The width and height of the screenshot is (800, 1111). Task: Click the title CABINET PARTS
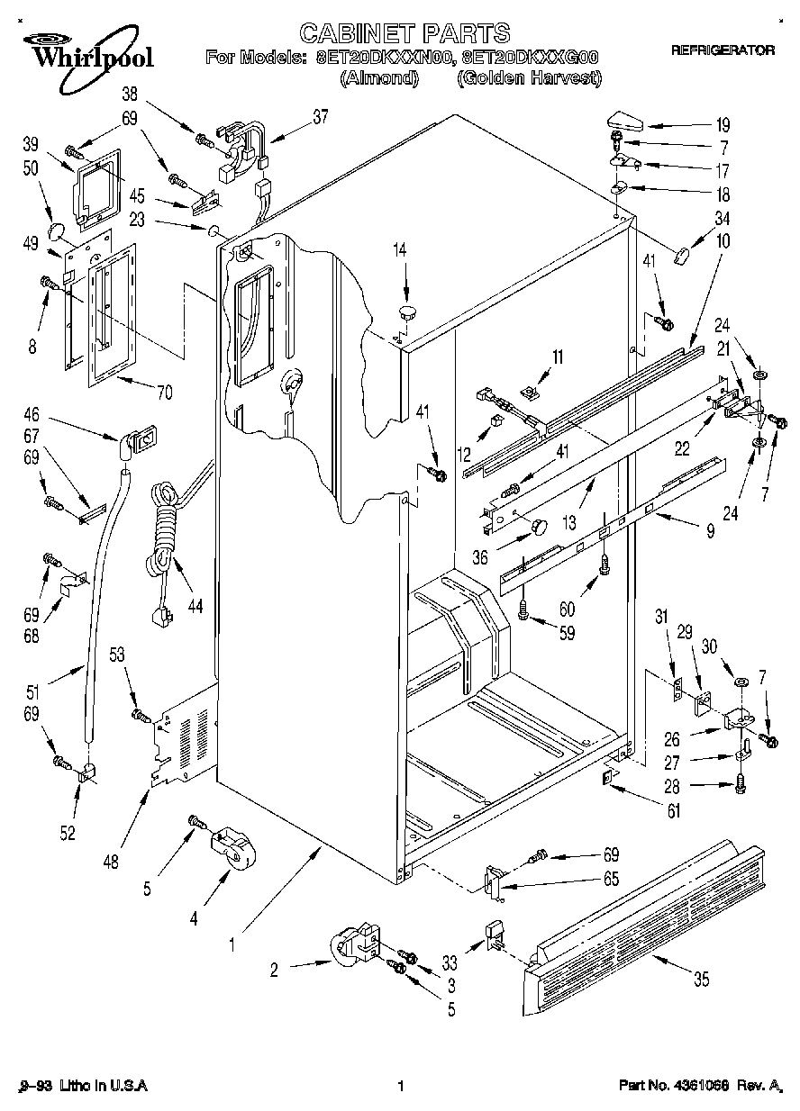coord(405,34)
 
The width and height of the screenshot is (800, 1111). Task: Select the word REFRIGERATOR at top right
coord(722,51)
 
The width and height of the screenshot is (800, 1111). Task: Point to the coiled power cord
coord(163,531)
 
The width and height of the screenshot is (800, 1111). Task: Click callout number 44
coord(195,606)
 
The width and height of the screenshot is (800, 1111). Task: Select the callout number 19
coord(723,125)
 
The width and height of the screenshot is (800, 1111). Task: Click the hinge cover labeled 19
coord(623,116)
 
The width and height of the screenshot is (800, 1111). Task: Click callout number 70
coord(164,392)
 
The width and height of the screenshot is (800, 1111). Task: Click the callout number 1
coord(232,944)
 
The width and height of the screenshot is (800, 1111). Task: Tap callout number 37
coord(320,115)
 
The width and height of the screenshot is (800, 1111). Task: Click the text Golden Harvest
coord(529,78)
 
